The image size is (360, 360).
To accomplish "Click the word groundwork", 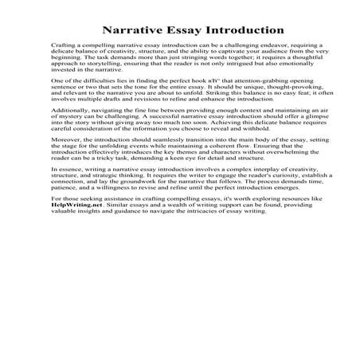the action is pos(126,182).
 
